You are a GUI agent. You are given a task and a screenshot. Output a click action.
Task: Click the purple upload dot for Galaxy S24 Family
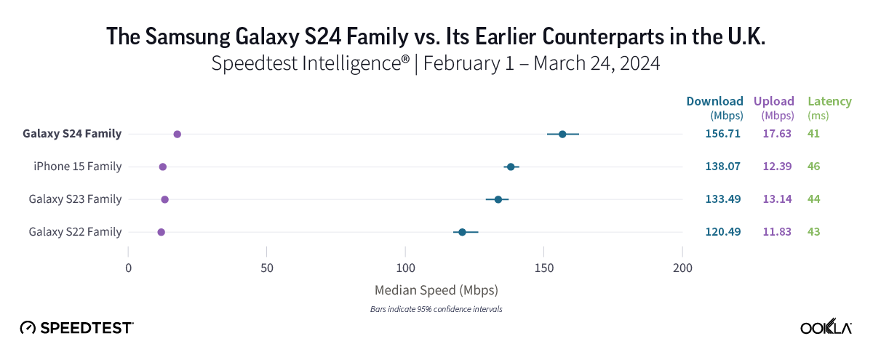(178, 135)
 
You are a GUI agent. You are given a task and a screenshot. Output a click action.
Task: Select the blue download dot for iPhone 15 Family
(511, 167)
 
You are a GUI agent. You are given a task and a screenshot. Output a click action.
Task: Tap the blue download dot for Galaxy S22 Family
(462, 232)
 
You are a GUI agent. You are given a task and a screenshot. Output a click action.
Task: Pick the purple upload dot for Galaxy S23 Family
(164, 199)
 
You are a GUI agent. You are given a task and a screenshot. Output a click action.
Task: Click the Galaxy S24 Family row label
(72, 134)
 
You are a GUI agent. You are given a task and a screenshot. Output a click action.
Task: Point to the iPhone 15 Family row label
(77, 167)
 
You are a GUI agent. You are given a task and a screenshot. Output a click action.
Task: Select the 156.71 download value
(722, 134)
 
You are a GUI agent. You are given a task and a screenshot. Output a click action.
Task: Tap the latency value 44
(813, 199)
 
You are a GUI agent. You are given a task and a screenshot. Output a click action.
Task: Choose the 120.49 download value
(722, 232)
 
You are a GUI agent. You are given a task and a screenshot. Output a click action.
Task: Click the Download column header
(714, 101)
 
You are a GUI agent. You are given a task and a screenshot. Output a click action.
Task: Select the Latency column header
(825, 101)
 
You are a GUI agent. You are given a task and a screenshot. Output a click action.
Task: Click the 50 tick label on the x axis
(267, 268)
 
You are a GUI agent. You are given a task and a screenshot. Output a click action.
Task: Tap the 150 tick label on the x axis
(544, 268)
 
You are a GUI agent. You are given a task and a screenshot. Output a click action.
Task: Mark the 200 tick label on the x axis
(682, 268)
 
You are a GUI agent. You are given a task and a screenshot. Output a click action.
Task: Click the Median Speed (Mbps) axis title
(436, 290)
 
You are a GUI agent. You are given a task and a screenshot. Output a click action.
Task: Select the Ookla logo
(826, 327)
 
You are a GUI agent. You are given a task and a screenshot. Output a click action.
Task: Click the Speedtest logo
(76, 327)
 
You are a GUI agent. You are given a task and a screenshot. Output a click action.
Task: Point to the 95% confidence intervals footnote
(436, 309)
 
